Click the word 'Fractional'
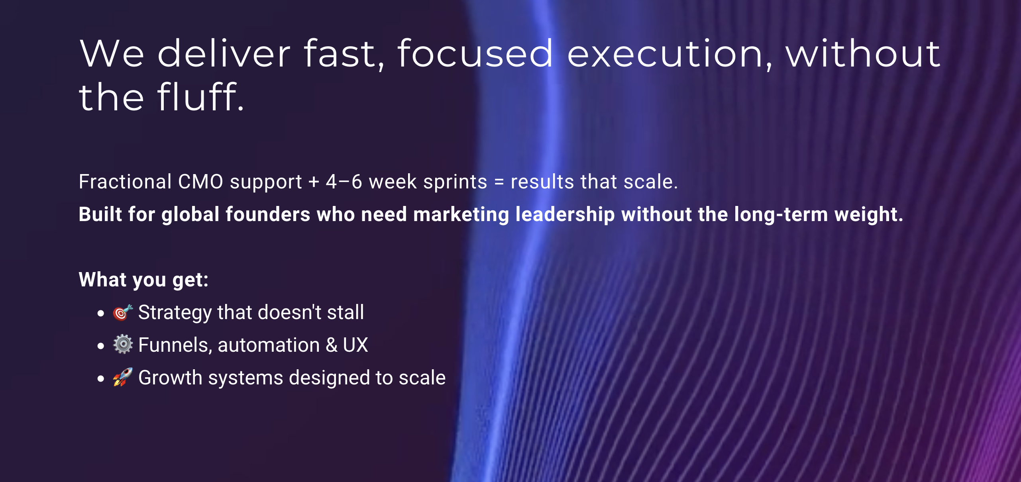point(125,182)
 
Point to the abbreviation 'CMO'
point(200,182)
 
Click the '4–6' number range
point(344,182)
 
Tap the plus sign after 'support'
point(314,182)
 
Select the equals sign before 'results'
point(499,182)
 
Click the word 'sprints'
point(455,182)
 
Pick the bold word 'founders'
point(268,214)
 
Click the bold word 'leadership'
point(565,215)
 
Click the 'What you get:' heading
point(143,280)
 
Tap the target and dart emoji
point(123,312)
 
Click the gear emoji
point(123,345)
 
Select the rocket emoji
point(123,377)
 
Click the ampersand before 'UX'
point(332,345)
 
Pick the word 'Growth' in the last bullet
point(170,378)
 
